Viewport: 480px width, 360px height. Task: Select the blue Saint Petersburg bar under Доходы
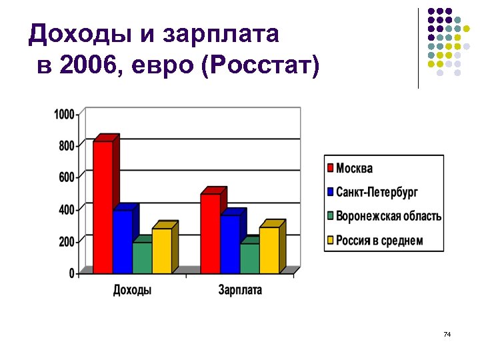(x=123, y=241)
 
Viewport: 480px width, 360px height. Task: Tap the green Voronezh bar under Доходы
(x=142, y=257)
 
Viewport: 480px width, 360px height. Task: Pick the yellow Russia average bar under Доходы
(x=162, y=251)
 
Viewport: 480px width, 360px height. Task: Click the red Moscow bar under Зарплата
(x=210, y=233)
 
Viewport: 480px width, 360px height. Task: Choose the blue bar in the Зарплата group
(x=230, y=244)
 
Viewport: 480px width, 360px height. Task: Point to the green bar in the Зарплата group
(x=249, y=258)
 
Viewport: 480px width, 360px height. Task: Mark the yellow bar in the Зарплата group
(x=269, y=250)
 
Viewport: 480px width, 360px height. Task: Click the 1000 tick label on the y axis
(x=64, y=114)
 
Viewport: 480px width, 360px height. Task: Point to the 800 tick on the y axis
(x=67, y=145)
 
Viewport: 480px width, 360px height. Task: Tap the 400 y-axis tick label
(x=67, y=209)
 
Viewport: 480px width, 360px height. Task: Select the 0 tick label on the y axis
(x=71, y=273)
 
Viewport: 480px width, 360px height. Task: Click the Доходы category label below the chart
(x=132, y=290)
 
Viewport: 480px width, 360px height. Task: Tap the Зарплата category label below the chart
(x=240, y=290)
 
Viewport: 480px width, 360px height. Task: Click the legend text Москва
(x=354, y=168)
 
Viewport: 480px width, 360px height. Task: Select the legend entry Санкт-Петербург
(x=377, y=192)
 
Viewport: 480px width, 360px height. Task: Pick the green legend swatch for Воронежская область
(x=330, y=216)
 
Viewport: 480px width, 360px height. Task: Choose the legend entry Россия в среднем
(x=379, y=240)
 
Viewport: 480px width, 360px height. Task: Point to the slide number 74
(x=447, y=333)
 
